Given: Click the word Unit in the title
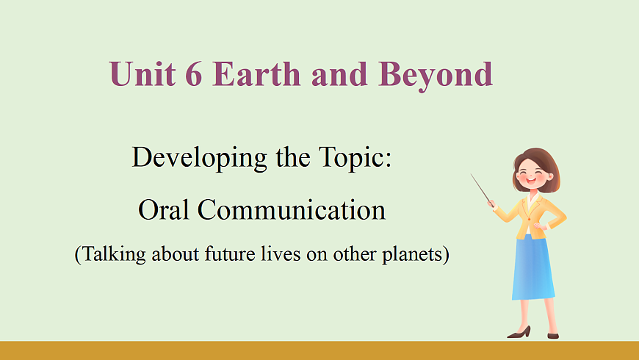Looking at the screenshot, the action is coord(142,73).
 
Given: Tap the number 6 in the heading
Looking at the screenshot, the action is coord(194,73).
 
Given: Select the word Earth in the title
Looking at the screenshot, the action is coord(256,73).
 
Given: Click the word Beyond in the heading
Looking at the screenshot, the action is coord(436,76).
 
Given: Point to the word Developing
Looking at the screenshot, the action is coord(199,158).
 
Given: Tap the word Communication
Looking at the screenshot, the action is coord(292,209).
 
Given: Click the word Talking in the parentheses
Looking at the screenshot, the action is coord(114,255).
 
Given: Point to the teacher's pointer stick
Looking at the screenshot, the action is coord(481,189).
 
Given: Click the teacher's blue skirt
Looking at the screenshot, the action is coord(532,269).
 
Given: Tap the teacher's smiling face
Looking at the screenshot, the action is coord(532,176).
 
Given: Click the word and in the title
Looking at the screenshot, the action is coord(339,73).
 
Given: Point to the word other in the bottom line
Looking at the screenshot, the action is coord(355,253).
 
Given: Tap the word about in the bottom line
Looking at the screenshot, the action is coord(176,253).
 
